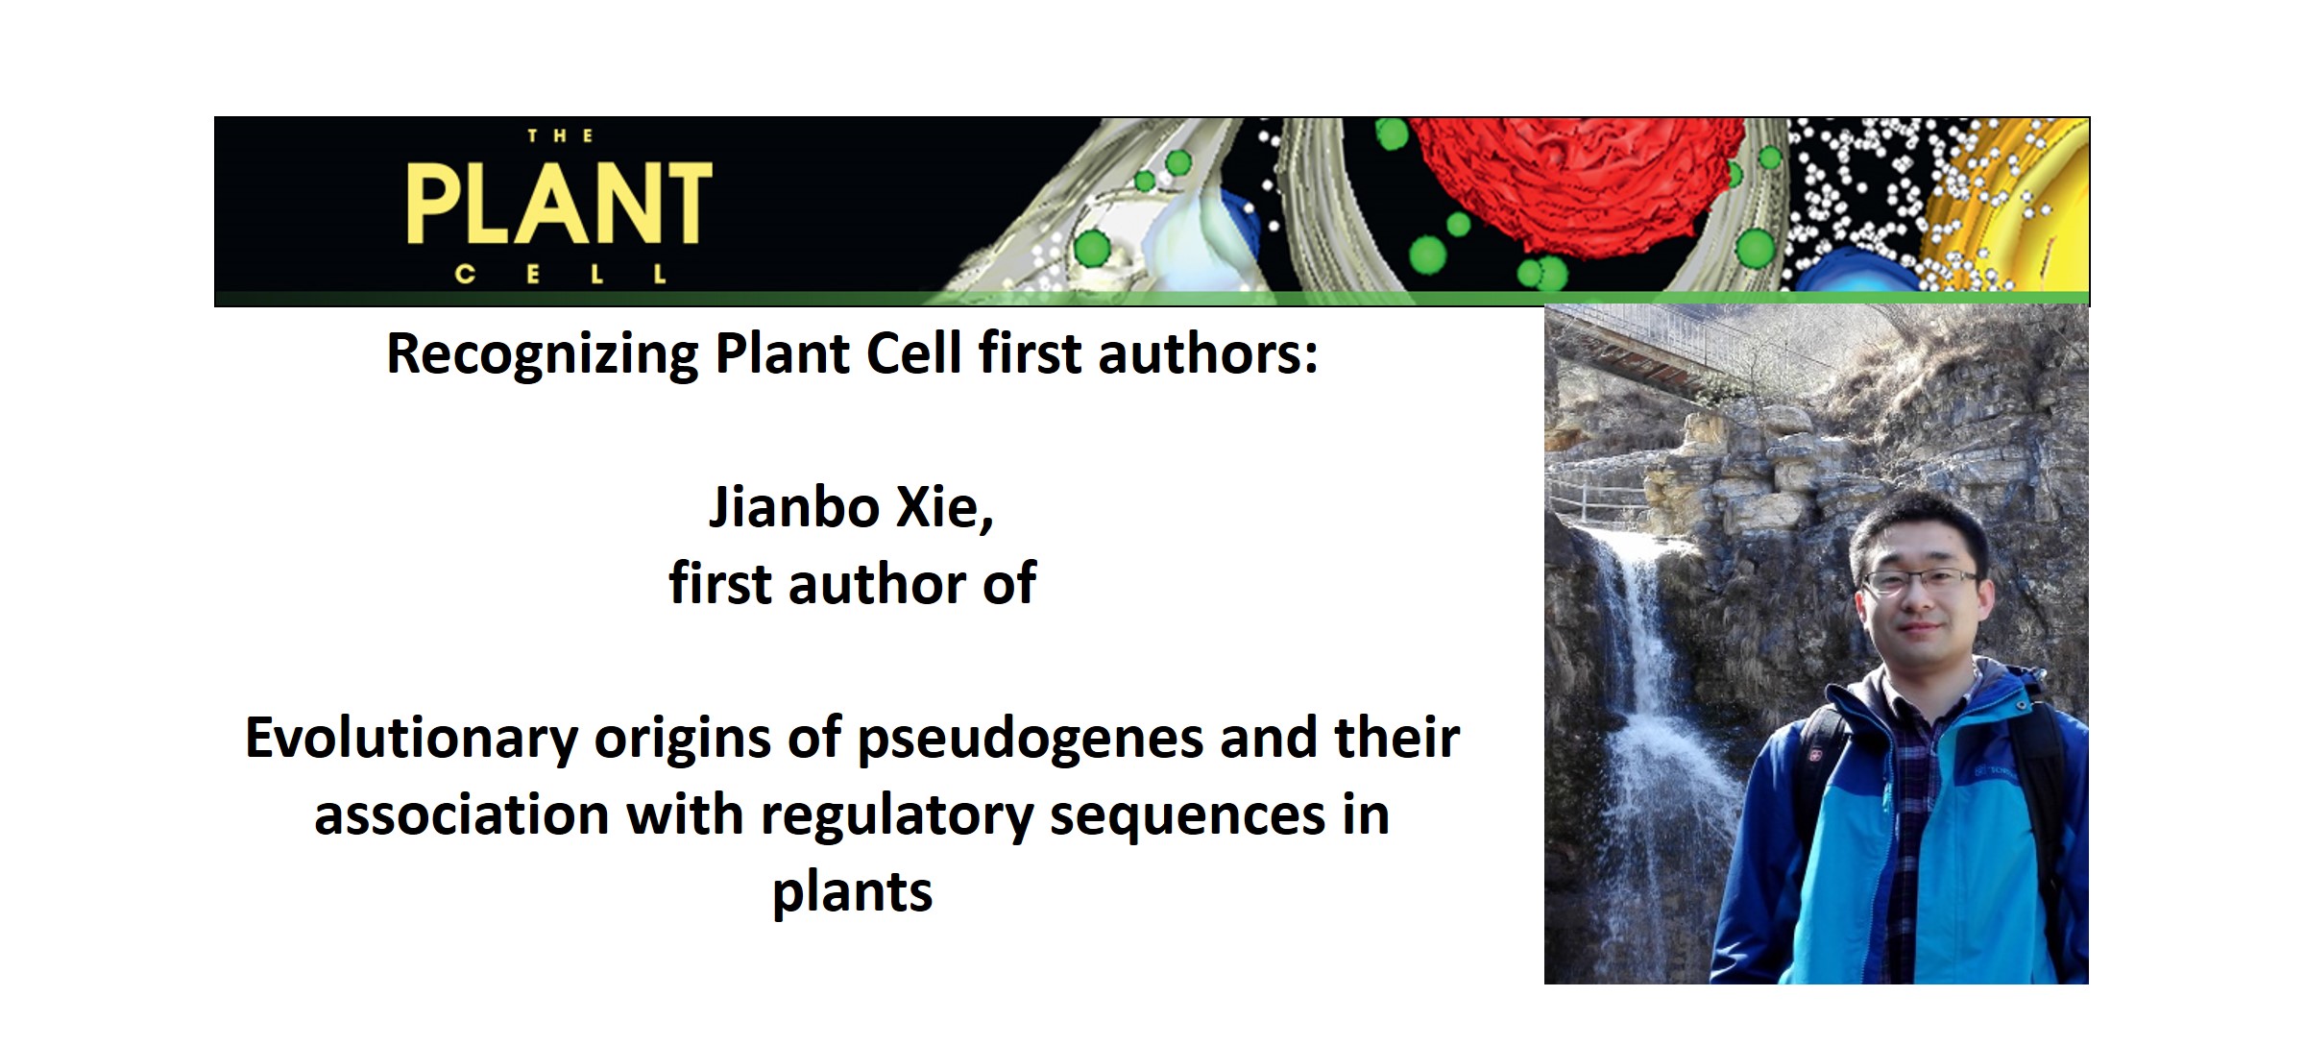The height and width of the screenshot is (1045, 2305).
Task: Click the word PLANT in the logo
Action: tap(559, 205)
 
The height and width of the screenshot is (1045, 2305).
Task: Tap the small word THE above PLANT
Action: tap(560, 136)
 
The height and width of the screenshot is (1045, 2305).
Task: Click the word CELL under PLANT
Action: tap(560, 275)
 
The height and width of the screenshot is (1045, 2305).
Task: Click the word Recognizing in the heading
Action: tap(542, 354)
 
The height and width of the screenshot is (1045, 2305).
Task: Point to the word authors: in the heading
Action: tap(1207, 354)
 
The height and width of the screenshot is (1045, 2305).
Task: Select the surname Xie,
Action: tap(944, 507)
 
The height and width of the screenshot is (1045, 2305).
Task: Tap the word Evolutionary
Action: tap(411, 740)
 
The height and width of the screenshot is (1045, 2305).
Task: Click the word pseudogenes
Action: tap(1030, 740)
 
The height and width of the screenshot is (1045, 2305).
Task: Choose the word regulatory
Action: tap(896, 816)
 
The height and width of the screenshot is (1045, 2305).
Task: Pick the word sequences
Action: tap(1187, 816)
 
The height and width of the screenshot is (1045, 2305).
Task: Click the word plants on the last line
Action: tap(852, 893)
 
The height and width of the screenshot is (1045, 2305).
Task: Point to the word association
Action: tap(461, 816)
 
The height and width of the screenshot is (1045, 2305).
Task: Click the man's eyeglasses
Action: tap(1919, 580)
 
